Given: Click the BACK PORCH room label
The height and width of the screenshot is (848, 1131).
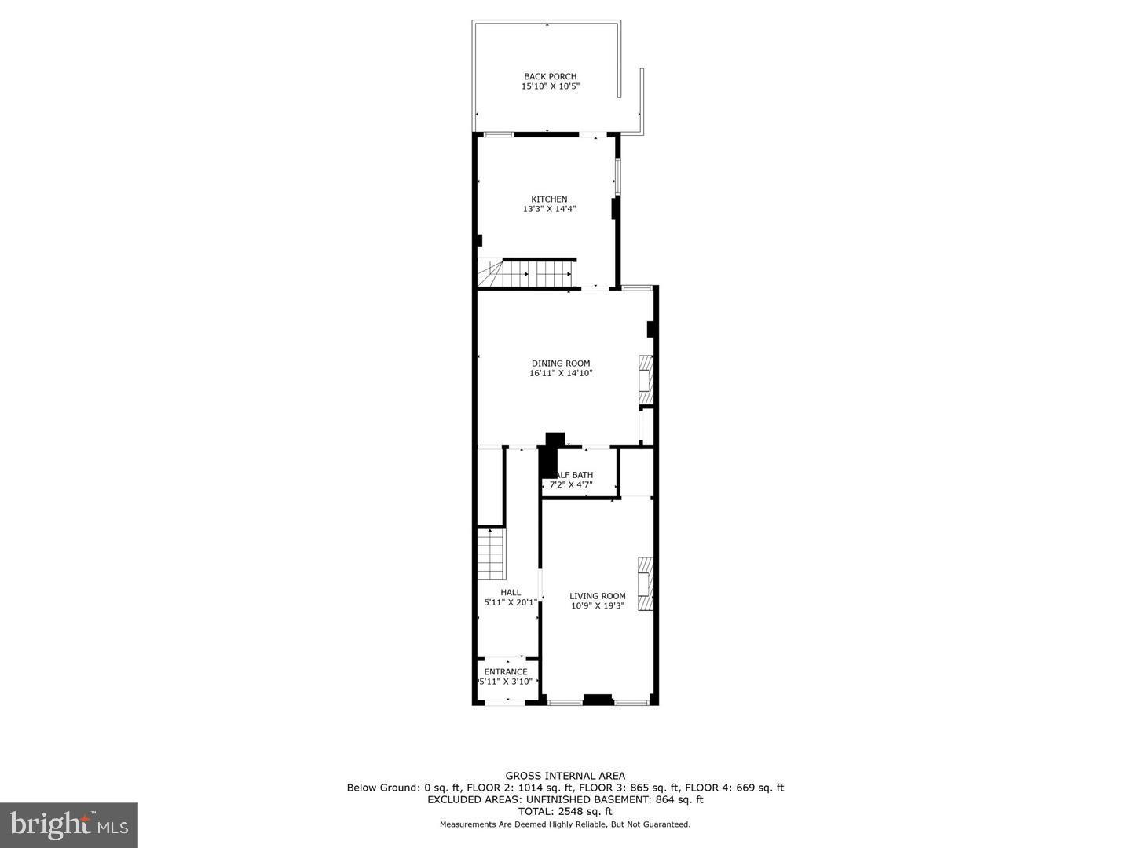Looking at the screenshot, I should pos(550,76).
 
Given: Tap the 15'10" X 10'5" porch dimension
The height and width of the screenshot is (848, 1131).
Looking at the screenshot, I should pos(550,86).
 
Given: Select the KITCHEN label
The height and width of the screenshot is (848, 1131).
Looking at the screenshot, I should pos(549,199).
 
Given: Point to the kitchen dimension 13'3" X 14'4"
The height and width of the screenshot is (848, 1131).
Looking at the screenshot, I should pos(549,210).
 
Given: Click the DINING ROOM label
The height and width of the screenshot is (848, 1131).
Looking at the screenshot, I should pos(560,364).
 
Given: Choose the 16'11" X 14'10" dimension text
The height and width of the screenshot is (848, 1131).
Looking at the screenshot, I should pos(560,374).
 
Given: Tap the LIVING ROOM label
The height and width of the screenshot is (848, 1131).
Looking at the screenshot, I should pos(597,596).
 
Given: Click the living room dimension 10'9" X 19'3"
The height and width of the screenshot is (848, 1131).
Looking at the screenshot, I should pos(597,606).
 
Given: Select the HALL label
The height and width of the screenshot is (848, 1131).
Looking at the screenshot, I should pos(511,593).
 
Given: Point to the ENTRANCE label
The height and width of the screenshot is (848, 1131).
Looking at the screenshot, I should pos(506,672).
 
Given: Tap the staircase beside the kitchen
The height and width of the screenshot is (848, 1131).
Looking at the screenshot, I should pos(526,274).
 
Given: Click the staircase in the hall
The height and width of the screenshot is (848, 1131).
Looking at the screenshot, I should pos(490,553).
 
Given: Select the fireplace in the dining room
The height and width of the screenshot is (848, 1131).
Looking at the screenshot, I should pos(646,374).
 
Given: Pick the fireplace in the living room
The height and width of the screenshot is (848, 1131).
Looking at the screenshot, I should pos(646,583).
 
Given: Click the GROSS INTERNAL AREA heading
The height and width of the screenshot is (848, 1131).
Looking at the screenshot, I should pos(565,776).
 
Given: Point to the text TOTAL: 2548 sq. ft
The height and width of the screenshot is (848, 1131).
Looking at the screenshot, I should pos(565,811).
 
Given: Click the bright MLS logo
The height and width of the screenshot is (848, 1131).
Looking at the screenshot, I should pos(69,824).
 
